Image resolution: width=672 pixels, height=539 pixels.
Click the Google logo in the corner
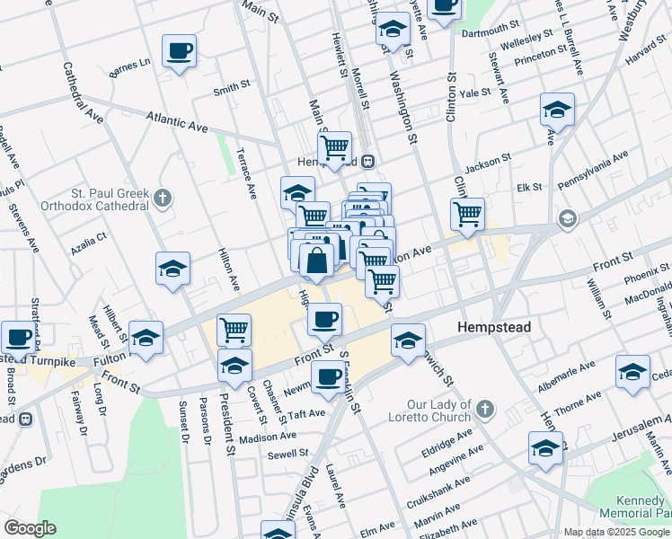pyautogui.click(x=30, y=528)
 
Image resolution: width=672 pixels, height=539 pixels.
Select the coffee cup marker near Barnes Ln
pyautogui.click(x=179, y=49)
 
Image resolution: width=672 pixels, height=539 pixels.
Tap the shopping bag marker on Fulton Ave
pyautogui.click(x=317, y=261)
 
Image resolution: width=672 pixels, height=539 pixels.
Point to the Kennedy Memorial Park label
pyautogui.click(x=641, y=507)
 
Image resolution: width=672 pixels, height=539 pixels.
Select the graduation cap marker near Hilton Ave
pyautogui.click(x=172, y=269)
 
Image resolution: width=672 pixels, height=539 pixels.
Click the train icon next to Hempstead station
pyautogui.click(x=367, y=162)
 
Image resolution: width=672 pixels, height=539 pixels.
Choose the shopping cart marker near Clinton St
pyautogui.click(x=467, y=214)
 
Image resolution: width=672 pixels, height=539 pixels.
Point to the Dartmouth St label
pyautogui.click(x=490, y=31)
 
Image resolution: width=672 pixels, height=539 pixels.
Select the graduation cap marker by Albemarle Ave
pyautogui.click(x=632, y=370)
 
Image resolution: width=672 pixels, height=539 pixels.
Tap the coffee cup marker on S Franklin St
pyautogui.click(x=328, y=376)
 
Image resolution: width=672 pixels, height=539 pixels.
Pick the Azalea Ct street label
pyautogui.click(x=90, y=239)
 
